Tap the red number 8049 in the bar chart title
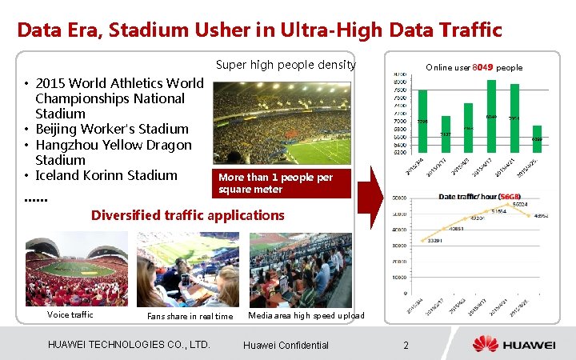483,67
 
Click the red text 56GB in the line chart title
510,197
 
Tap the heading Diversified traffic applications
187,214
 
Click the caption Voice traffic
70,314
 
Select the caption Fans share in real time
190,316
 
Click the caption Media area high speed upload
306,315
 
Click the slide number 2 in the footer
406,345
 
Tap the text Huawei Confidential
286,345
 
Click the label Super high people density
286,65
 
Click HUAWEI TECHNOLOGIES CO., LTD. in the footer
129,345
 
